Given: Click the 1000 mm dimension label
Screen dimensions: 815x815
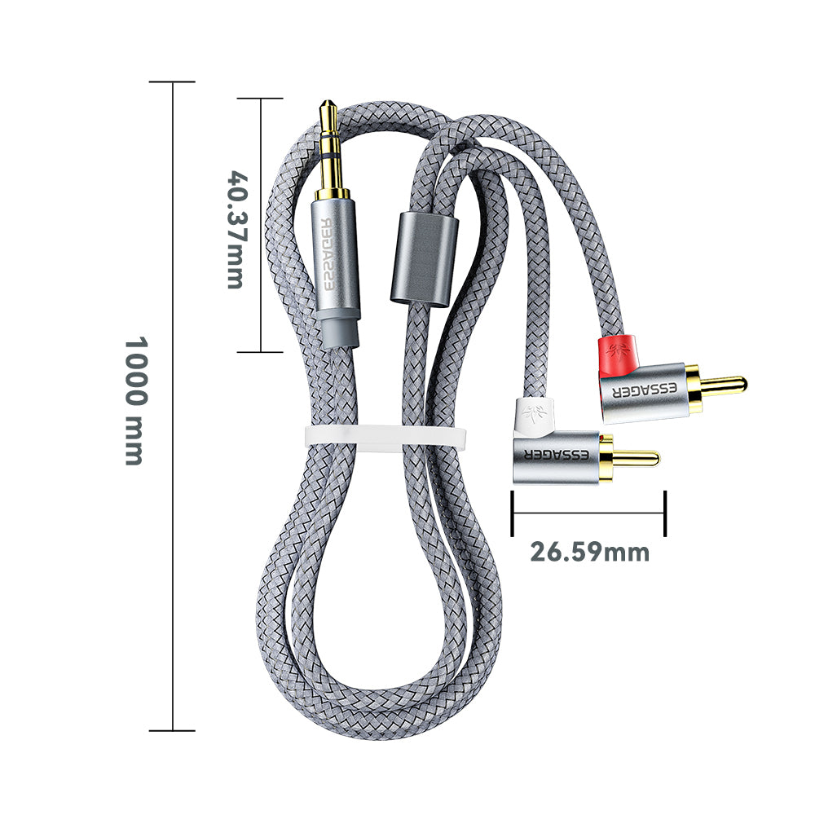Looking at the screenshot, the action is click(137, 401).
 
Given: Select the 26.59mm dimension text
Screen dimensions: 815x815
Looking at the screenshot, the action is click(589, 552).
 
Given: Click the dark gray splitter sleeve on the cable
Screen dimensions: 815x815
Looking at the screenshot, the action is click(425, 258).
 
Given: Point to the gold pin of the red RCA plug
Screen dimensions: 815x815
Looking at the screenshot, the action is click(725, 385).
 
